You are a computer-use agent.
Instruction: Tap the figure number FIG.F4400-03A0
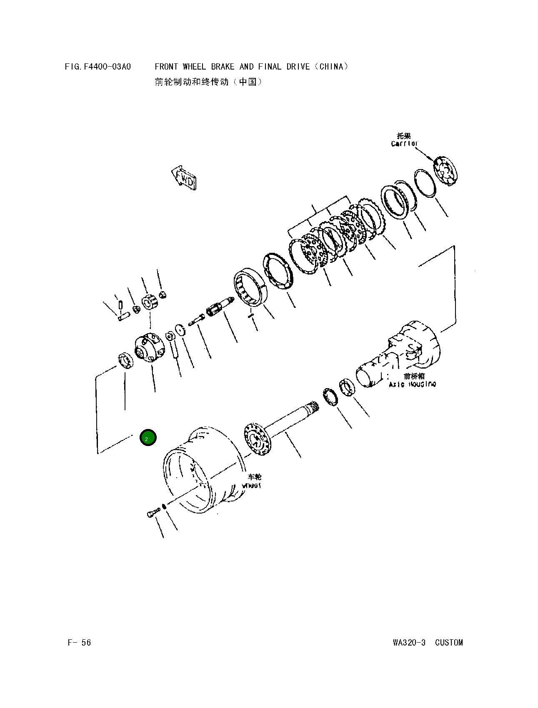98,67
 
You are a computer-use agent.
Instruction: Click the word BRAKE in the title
222,67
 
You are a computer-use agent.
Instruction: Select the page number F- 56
79,642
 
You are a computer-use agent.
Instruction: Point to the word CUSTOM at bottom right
448,642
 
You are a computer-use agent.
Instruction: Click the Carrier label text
404,143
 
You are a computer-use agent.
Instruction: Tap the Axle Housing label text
412,384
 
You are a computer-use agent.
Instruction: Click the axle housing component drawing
400,354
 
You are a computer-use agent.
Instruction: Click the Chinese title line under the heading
208,82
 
